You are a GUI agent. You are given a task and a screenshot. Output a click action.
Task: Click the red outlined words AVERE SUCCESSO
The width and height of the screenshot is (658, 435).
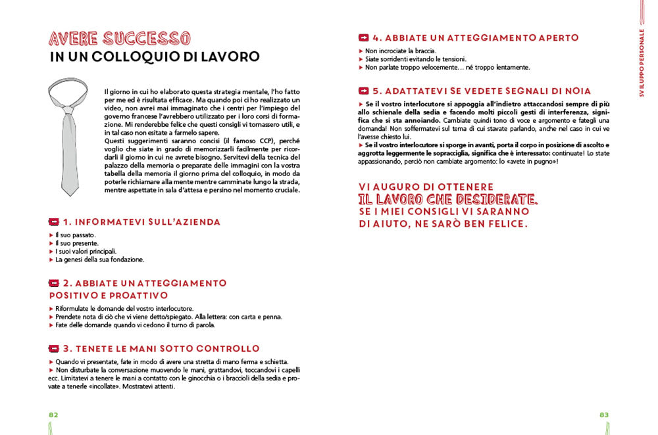[120, 37]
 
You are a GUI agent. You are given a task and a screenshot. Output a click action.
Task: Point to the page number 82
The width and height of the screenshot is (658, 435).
[53, 415]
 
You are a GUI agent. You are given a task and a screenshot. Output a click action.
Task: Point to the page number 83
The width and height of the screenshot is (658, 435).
[604, 415]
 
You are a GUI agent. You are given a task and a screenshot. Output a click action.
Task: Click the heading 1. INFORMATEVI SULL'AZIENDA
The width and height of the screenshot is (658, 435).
[141, 222]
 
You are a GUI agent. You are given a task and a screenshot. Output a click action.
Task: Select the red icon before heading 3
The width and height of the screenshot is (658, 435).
[54, 348]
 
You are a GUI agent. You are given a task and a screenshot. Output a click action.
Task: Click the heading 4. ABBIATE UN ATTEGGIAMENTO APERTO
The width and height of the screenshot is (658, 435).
[475, 37]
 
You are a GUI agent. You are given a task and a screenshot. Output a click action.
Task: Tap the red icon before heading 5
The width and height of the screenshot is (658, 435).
[363, 91]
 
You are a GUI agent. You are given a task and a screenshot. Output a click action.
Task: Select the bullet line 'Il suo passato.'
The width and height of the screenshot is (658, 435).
[76, 235]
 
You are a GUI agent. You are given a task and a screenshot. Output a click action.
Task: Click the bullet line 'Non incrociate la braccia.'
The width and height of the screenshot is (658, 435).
[401, 51]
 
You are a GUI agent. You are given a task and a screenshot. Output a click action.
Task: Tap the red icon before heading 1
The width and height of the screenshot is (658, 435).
[54, 222]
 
